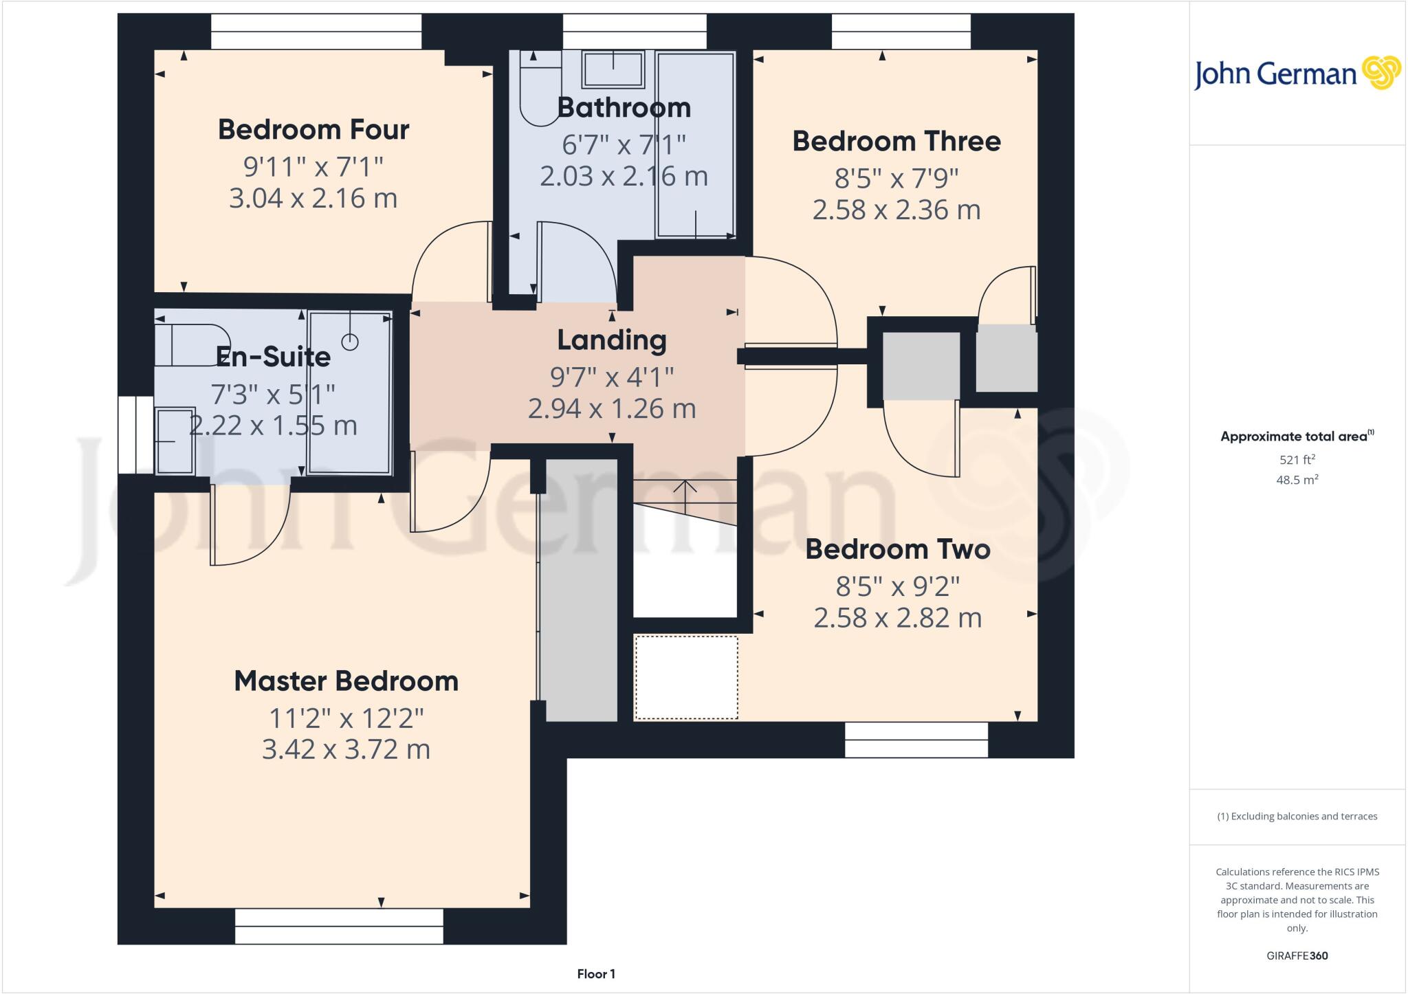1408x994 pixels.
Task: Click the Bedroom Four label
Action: tap(313, 129)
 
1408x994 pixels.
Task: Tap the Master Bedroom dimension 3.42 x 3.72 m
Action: tap(346, 749)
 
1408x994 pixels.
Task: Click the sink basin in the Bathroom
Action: tap(613, 69)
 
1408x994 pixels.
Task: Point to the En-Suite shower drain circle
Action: tap(350, 342)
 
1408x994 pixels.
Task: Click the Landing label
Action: tap(611, 340)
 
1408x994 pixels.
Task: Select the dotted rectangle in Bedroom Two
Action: tap(685, 677)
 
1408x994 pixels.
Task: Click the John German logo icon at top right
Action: tap(1381, 73)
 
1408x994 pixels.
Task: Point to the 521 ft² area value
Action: tap(1297, 460)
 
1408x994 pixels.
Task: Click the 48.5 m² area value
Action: tap(1297, 480)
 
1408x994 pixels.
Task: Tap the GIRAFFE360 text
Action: tap(1297, 956)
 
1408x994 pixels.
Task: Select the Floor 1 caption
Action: tap(596, 973)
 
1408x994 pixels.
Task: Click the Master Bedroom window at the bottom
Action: tap(339, 926)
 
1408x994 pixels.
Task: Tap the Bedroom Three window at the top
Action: tap(901, 32)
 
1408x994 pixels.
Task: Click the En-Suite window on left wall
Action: tap(135, 434)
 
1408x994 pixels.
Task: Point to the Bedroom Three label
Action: tap(896, 141)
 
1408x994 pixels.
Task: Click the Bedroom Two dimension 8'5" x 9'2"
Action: tap(897, 586)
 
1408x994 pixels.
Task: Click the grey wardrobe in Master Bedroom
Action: tap(581, 591)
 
